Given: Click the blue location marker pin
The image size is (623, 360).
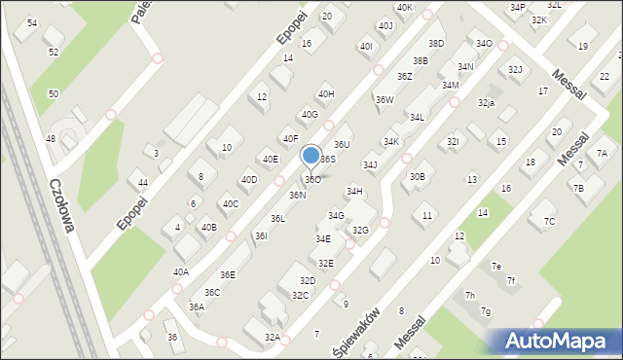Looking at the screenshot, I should [x=311, y=156].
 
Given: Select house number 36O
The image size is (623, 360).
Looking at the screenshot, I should [x=312, y=179].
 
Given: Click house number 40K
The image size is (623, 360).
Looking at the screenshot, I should [x=405, y=8].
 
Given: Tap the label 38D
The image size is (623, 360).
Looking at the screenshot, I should [x=436, y=44].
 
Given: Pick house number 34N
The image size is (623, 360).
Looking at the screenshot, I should [x=465, y=66].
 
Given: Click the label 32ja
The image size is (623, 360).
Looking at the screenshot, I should [x=486, y=102].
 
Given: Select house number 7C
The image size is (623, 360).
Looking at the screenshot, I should [x=550, y=222].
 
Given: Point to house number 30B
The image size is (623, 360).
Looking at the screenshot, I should [x=417, y=176].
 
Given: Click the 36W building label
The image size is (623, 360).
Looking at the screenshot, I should [x=385, y=99].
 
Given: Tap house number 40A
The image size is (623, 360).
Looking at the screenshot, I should [x=181, y=272].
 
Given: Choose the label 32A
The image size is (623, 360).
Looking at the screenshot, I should [x=273, y=337].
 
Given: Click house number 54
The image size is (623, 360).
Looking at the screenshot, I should [x=32, y=22].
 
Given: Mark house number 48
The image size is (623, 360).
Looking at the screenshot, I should [x=50, y=139].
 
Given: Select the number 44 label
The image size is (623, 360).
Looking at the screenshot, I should [x=143, y=183].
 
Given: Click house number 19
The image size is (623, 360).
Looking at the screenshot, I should [x=583, y=47].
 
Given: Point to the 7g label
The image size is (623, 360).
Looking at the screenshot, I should [x=485, y=311].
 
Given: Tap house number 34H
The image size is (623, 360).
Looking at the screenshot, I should [x=354, y=192].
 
